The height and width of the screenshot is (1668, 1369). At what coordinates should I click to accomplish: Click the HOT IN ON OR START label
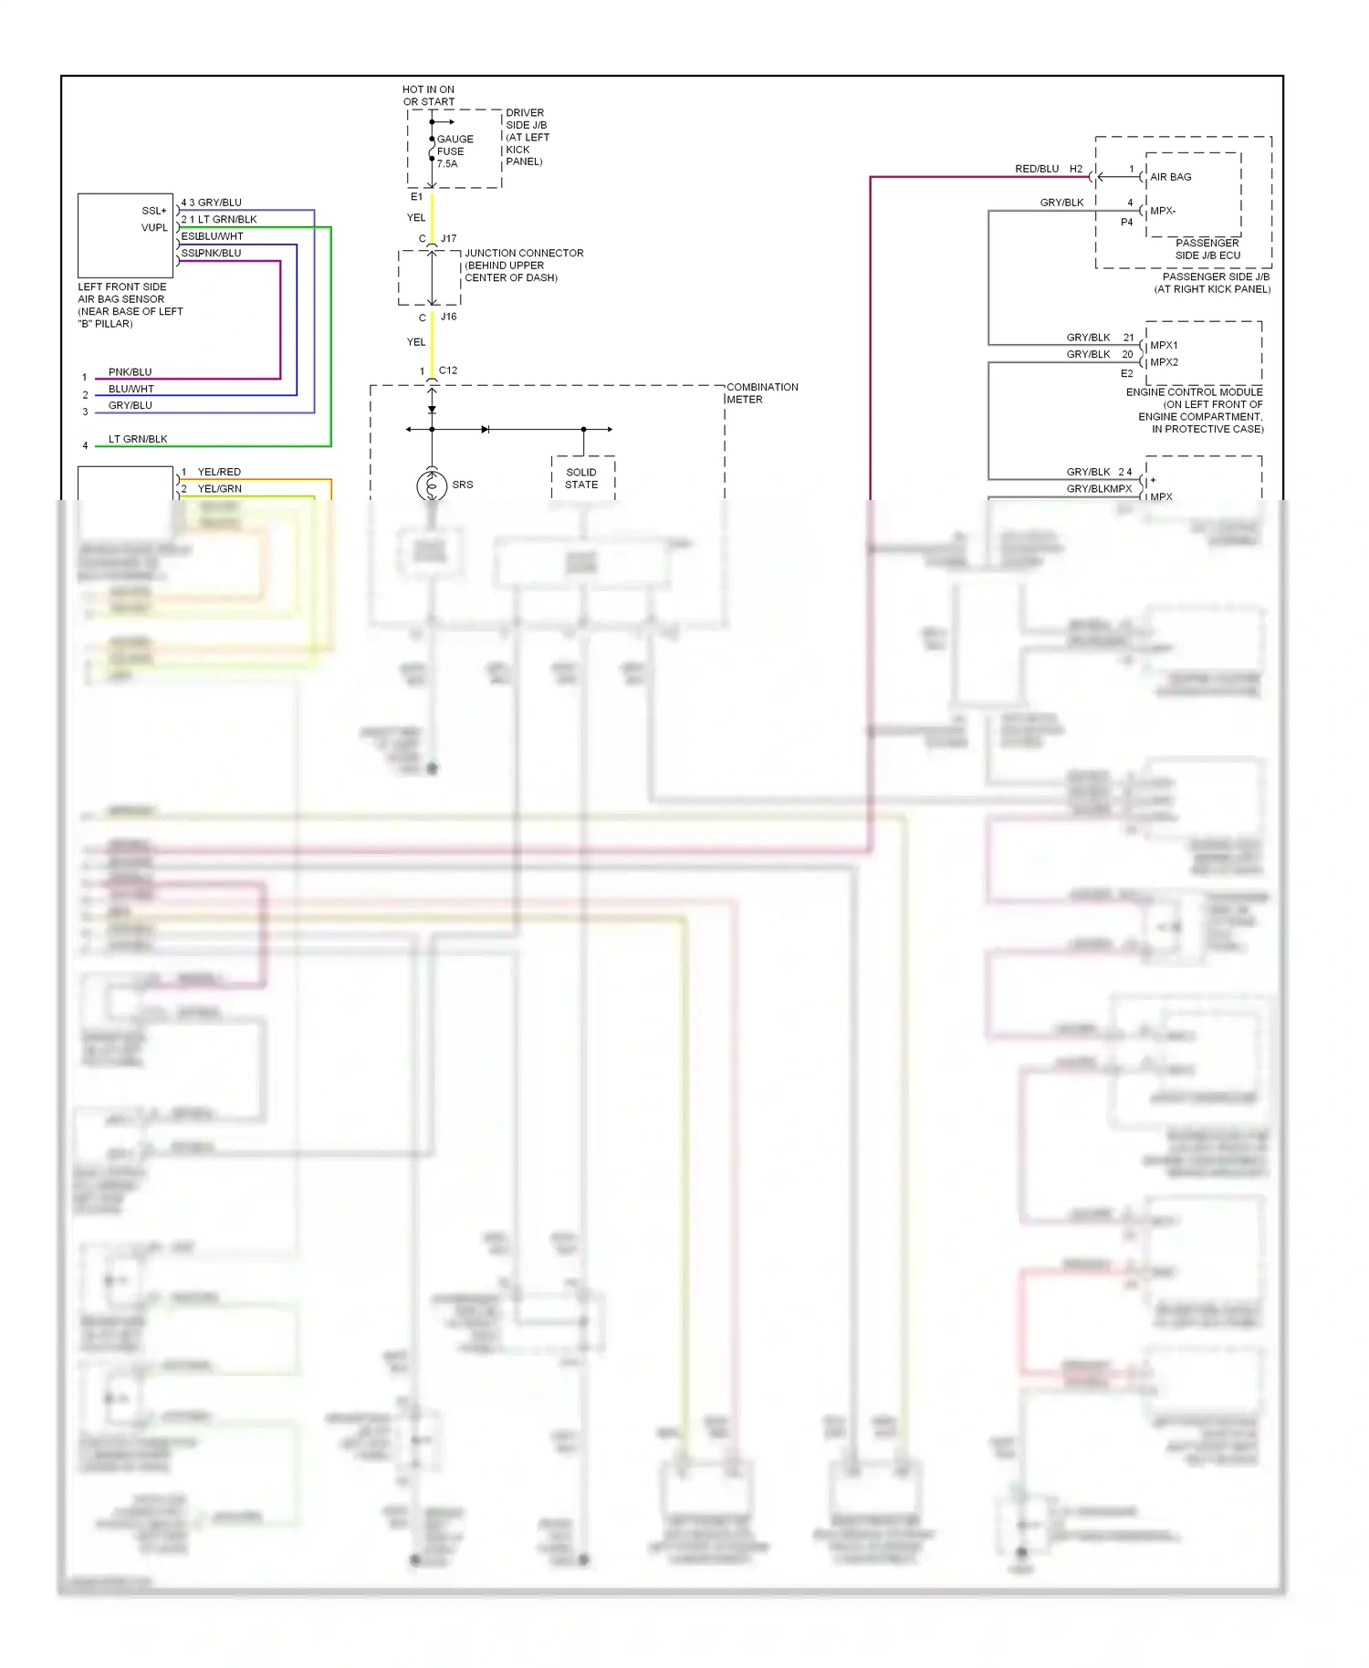(x=428, y=96)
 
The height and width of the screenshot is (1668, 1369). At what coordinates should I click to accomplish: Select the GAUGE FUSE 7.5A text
(x=454, y=151)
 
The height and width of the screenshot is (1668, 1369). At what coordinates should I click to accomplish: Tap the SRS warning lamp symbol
(x=432, y=485)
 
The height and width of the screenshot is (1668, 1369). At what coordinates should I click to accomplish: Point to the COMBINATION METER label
(x=761, y=393)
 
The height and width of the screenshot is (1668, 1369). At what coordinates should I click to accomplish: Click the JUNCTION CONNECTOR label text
(x=523, y=266)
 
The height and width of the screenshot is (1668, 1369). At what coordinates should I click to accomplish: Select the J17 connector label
(x=448, y=239)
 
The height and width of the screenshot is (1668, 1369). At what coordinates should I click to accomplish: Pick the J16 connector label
(x=448, y=317)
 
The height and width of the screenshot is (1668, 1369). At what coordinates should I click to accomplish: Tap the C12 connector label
(x=447, y=370)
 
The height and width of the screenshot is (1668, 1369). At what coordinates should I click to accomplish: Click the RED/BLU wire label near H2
(x=1037, y=169)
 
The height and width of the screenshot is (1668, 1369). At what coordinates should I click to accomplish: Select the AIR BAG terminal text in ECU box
(x=1170, y=177)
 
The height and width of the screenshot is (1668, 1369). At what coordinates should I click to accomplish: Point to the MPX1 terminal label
(x=1164, y=345)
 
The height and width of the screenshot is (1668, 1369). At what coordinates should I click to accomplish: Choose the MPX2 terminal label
(x=1164, y=362)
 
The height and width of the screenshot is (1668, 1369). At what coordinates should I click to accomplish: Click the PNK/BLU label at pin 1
(x=130, y=372)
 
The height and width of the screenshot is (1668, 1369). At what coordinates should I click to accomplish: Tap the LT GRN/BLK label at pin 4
(x=138, y=439)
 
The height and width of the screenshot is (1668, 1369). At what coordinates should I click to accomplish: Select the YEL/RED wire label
(x=219, y=472)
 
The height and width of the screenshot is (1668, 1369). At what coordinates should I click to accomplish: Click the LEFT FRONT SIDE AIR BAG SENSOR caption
(x=130, y=305)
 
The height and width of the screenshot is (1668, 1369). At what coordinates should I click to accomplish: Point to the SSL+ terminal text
(x=154, y=211)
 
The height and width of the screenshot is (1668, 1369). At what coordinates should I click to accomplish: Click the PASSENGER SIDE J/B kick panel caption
(x=1213, y=283)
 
